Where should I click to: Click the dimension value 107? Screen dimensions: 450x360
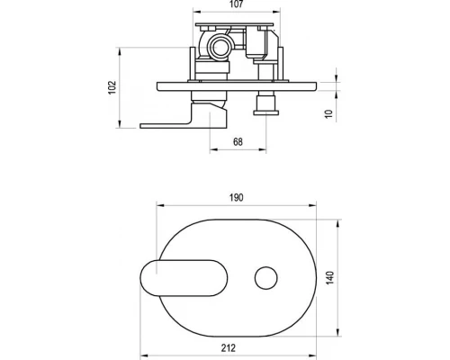(x=237, y=4)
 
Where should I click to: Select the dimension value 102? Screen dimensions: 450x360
(x=112, y=87)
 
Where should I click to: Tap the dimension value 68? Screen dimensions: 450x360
(x=238, y=142)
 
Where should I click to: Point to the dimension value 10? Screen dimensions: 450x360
(x=329, y=114)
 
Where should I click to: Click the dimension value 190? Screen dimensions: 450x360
(x=237, y=198)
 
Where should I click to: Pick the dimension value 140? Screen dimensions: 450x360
(x=329, y=278)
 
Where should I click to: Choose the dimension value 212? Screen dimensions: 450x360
(x=229, y=348)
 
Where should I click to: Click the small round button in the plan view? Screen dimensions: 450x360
(x=266, y=278)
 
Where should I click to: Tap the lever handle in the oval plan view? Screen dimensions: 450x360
(x=184, y=278)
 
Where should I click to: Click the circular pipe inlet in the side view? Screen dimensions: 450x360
(x=220, y=47)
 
